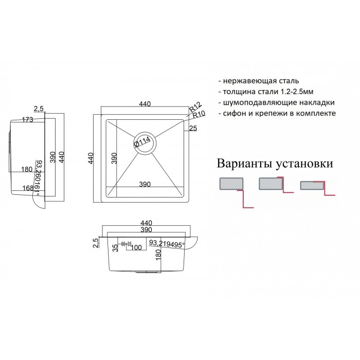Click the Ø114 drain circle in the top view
[145, 143]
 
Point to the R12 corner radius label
[194, 108]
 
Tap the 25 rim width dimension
[193, 128]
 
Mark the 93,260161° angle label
[38, 178]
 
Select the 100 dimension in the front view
[136, 247]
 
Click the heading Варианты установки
[275, 164]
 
